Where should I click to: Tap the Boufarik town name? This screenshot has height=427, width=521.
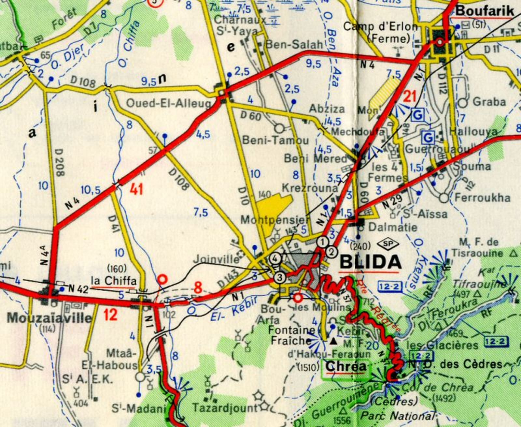pyautogui.click(x=485, y=10)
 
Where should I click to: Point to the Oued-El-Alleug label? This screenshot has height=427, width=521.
pyautogui.click(x=168, y=103)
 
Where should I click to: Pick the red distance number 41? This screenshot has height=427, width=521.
pyautogui.click(x=136, y=189)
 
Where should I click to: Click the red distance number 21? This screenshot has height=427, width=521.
pyautogui.click(x=410, y=97)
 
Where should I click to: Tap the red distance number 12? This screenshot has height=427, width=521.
pyautogui.click(x=110, y=315)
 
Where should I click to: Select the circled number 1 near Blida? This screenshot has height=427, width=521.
pyautogui.click(x=322, y=242)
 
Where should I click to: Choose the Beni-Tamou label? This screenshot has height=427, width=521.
pyautogui.click(x=276, y=141)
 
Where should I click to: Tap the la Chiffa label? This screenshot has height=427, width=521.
pyautogui.click(x=113, y=281)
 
